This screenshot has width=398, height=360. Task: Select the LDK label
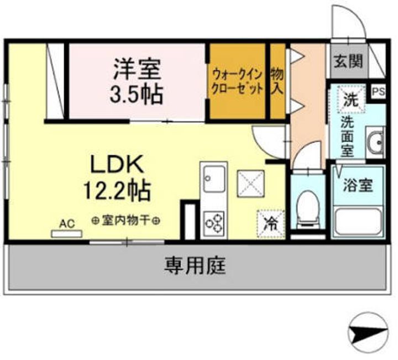117,164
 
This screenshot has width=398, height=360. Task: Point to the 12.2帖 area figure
117,191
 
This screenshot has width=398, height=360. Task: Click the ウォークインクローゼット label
237,81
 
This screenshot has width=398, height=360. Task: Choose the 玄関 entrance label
347,60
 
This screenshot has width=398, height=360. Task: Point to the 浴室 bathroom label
358,185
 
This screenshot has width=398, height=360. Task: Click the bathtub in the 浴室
357,222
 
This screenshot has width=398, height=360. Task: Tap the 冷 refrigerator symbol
271,224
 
